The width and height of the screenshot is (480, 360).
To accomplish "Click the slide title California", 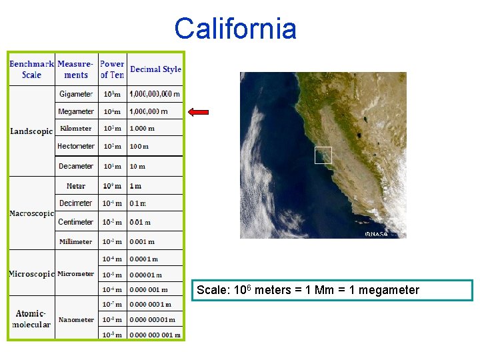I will (235, 29).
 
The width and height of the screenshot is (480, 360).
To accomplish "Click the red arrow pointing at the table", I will (199, 112).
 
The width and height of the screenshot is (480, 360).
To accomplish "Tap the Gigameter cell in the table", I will (76, 95).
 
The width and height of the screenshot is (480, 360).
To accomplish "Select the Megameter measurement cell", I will (76, 112).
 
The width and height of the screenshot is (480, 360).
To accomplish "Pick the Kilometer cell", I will (76, 129).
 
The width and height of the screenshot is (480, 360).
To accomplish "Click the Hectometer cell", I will (76, 146).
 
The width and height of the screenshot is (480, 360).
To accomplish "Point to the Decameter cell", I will (76, 166).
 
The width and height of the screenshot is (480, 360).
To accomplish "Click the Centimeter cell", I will (76, 222).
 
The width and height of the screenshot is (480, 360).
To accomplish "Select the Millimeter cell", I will (76, 241).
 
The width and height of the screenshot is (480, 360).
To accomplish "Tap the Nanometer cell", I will (76, 320).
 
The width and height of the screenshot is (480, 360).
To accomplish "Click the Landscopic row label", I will (31, 131).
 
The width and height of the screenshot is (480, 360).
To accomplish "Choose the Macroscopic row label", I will (31, 214).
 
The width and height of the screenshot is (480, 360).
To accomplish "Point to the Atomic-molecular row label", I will (31, 319).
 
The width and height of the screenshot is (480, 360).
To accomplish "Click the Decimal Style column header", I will (155, 69).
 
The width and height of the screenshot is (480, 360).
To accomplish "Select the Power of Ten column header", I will (112, 69).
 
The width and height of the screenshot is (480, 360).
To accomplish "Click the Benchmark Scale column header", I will (31, 69).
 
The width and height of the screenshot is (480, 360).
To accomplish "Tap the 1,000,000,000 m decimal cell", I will (155, 95).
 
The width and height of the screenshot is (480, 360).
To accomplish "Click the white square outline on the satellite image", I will (323, 155).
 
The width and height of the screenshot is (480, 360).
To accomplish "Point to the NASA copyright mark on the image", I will (376, 234).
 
